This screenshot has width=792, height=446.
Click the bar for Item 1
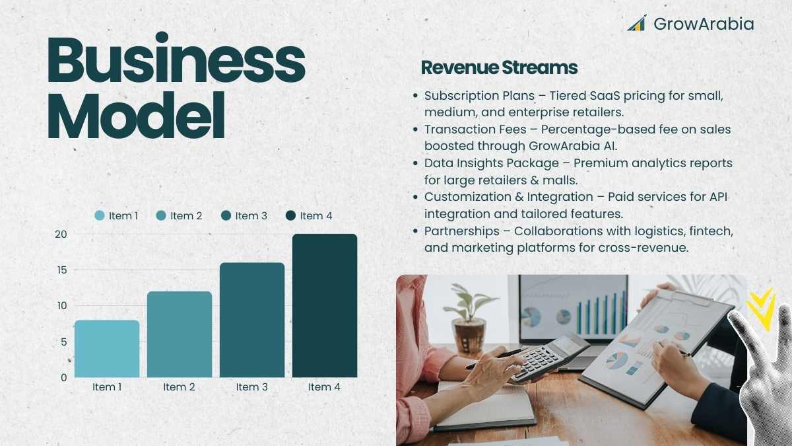pos(107,349)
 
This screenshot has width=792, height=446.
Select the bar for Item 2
pos(180,334)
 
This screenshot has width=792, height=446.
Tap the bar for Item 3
pos(252,320)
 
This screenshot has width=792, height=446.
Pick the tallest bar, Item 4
pos(325,305)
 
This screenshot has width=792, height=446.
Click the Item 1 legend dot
pos(100,215)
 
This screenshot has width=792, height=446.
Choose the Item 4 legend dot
pos(290,215)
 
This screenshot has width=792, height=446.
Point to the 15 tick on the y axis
pos(62,270)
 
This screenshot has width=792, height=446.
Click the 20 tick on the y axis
pos(61,234)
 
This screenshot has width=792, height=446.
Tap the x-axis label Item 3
pos(251,387)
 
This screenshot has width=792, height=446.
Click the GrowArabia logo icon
pos(637,23)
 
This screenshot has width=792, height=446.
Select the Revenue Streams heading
pos(499,67)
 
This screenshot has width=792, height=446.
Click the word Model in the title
pos(136,116)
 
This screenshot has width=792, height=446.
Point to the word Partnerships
pos(462,231)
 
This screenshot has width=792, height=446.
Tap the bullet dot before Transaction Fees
pos(415,130)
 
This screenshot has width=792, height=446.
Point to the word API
pos(719,197)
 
